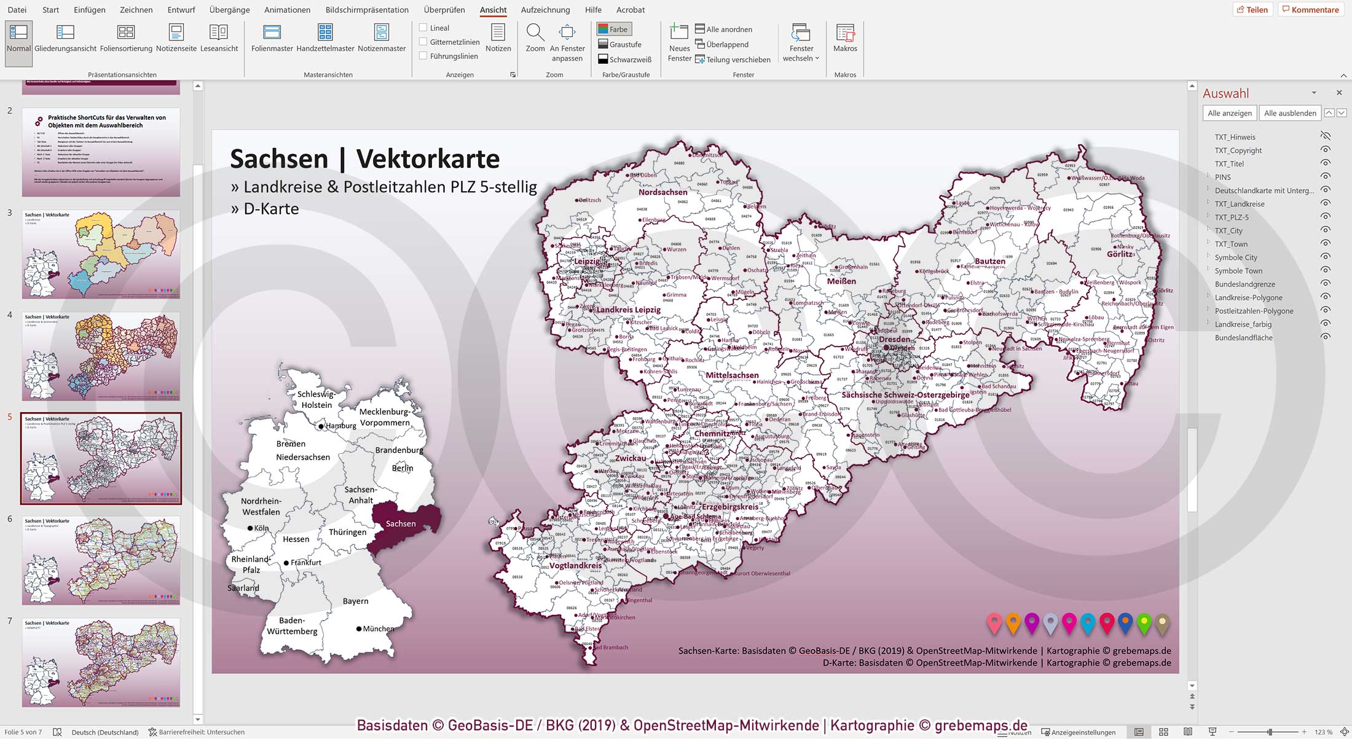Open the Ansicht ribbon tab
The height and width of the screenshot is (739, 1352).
[493, 10]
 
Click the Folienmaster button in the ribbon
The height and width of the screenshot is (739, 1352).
[272, 38]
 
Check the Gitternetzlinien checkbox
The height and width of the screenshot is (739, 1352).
[423, 42]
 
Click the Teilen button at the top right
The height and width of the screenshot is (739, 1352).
[1252, 10]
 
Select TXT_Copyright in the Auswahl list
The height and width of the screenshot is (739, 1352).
[1238, 151]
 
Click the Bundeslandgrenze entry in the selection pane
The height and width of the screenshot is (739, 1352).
[1244, 284]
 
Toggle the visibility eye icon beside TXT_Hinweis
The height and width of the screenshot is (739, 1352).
[1326, 136]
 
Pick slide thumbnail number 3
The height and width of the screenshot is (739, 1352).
[101, 254]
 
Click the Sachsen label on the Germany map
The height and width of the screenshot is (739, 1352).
[401, 524]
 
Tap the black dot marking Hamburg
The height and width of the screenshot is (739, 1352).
[321, 426]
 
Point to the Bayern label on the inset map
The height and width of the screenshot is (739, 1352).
[356, 601]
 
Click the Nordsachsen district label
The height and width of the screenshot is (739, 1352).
[662, 192]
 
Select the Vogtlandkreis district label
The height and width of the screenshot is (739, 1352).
[575, 566]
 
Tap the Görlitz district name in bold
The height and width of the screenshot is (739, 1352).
[1119, 254]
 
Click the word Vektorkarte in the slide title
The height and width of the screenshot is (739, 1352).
[428, 159]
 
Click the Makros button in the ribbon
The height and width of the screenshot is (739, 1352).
[845, 38]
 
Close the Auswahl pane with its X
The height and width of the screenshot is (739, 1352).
[1339, 93]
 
